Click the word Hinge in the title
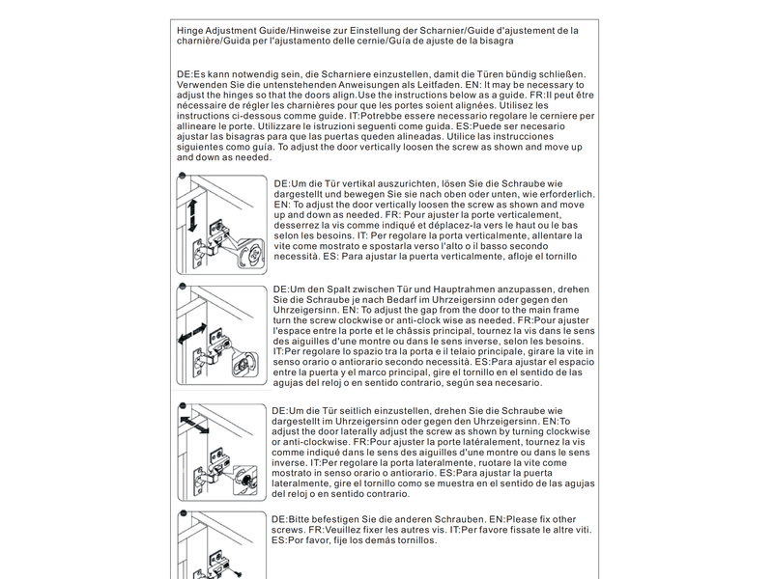[x=189, y=31]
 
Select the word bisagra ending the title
[x=496, y=41]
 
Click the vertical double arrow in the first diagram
[x=192, y=215]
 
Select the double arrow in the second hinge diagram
[x=192, y=333]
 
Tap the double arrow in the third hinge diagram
[x=194, y=425]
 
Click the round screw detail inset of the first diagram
[x=252, y=253]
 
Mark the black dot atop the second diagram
[x=183, y=286]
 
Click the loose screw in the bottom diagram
[x=239, y=574]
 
